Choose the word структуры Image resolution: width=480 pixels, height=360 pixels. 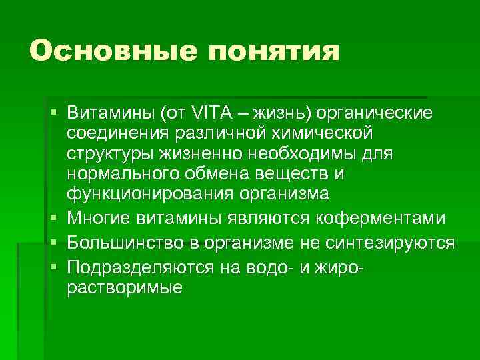111,154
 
